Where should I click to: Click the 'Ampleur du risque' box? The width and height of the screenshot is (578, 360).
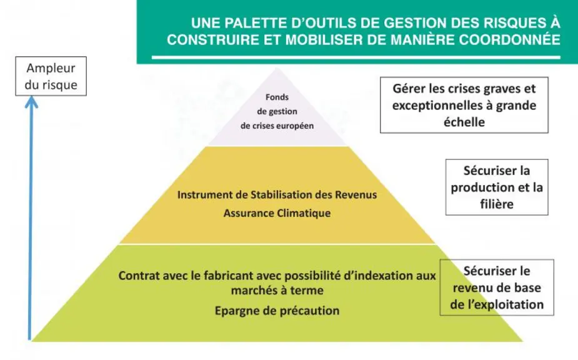[x=51, y=76]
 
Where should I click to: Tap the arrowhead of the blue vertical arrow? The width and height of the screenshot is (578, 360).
[x=31, y=102]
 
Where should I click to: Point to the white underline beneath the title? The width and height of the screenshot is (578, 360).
[x=356, y=57]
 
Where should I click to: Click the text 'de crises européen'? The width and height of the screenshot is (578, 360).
[x=277, y=126]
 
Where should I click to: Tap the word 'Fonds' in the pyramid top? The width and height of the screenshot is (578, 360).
[x=277, y=97]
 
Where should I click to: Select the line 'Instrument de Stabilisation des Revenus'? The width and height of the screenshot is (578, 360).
[x=277, y=194]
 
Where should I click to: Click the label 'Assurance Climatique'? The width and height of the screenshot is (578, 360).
[x=277, y=213]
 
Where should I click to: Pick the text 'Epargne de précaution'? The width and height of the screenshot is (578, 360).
[x=277, y=311]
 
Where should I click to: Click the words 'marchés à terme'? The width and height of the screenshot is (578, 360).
[x=277, y=290]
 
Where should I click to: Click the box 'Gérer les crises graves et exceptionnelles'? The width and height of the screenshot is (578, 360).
[x=464, y=105]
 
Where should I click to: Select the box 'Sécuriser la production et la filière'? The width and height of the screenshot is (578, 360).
[x=497, y=187]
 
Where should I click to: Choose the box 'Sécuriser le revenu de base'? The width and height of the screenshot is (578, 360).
[x=497, y=287]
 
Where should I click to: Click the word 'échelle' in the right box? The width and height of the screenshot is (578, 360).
[x=464, y=122]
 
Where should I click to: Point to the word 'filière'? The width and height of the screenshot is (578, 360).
[x=497, y=204]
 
